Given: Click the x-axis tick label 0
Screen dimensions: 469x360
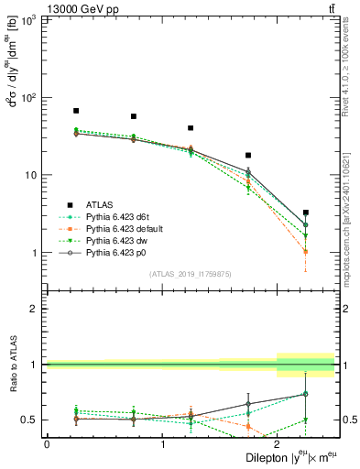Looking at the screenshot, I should (47, 443).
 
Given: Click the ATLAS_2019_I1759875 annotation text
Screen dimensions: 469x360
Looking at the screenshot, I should (191, 274).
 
